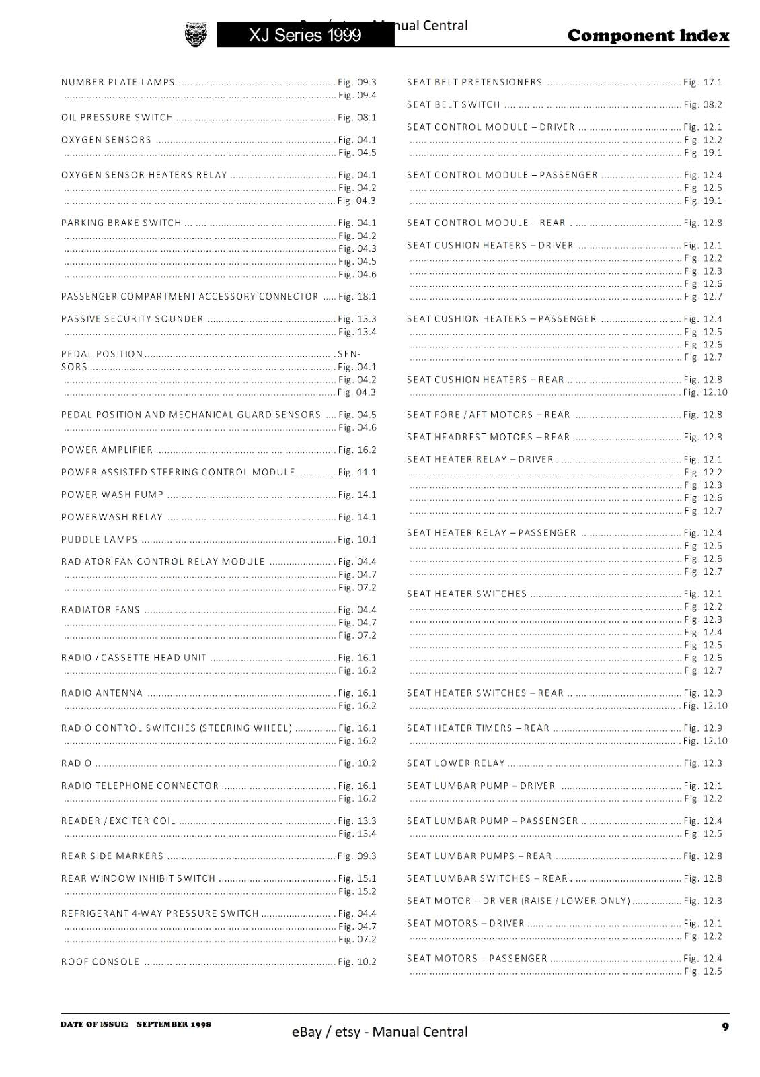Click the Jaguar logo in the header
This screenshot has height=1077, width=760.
coord(196,34)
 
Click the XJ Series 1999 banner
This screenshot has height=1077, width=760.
coord(305,35)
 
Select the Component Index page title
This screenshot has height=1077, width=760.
coord(648,36)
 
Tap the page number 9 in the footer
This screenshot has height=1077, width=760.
coord(725,1027)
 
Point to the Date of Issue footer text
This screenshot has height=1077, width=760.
coord(135,1024)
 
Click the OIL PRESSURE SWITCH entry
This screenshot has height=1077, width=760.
coord(118,118)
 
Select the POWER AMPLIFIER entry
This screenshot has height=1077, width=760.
coord(107,450)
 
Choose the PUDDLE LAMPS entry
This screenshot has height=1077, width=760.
coord(100,540)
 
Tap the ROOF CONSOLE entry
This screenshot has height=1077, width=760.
coord(100,962)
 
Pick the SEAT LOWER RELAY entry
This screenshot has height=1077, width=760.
coord(455,763)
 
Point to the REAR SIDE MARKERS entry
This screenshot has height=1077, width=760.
coord(112,856)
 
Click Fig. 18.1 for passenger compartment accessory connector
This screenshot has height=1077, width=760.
coord(357,297)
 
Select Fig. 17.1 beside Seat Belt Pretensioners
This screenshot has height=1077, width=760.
coord(702,83)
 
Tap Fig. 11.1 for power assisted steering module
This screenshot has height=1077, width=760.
coord(357,473)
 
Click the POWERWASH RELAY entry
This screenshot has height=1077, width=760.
coord(112,518)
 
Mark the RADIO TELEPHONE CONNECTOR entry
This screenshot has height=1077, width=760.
coord(140,786)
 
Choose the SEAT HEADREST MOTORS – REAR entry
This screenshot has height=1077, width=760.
coord(488,438)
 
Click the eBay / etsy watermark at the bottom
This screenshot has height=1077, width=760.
coord(379,1031)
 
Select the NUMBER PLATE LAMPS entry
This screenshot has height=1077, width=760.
coord(118,83)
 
